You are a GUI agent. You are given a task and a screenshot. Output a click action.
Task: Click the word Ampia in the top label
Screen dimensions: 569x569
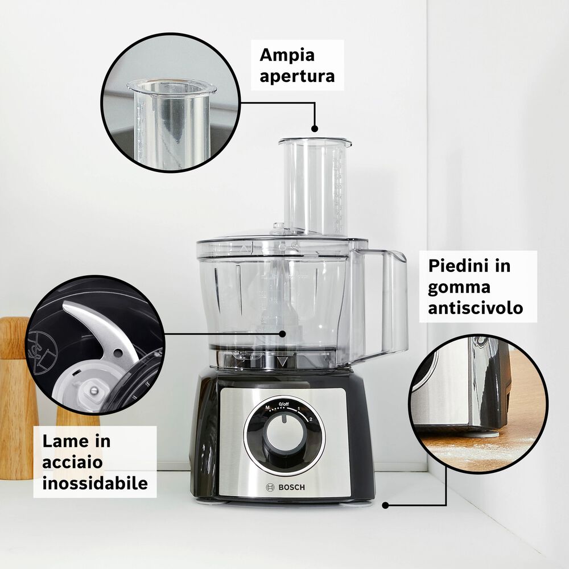click(287, 56)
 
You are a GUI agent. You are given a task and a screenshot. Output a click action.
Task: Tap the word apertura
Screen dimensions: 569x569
click(297, 76)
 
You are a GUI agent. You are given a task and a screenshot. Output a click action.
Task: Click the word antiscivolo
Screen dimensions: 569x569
click(475, 308)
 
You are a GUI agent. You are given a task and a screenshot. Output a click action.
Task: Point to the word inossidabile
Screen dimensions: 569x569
click(95, 483)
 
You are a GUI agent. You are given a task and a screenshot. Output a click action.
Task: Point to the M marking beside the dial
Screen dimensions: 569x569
click(267, 408)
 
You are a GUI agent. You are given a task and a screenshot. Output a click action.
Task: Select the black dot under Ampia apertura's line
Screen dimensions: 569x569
click(314, 129)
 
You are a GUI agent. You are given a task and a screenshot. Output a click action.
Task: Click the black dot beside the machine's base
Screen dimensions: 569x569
click(385, 505)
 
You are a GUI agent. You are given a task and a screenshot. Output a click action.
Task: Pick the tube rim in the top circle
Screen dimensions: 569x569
click(171, 87)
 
